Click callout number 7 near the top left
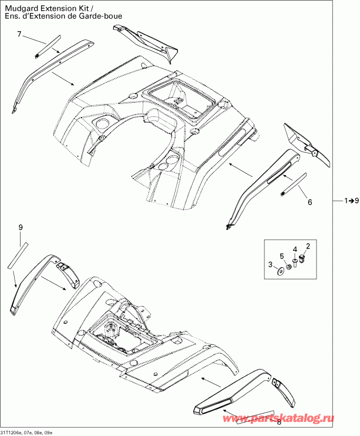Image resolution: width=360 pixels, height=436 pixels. tap(19, 35)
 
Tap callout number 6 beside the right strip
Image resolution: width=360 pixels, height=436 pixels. tap(310, 202)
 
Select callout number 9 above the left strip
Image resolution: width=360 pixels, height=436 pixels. tap(21, 227)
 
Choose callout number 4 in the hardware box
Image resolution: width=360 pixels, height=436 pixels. tap(295, 250)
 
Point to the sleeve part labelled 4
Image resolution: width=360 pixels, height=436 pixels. tap(296, 263)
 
